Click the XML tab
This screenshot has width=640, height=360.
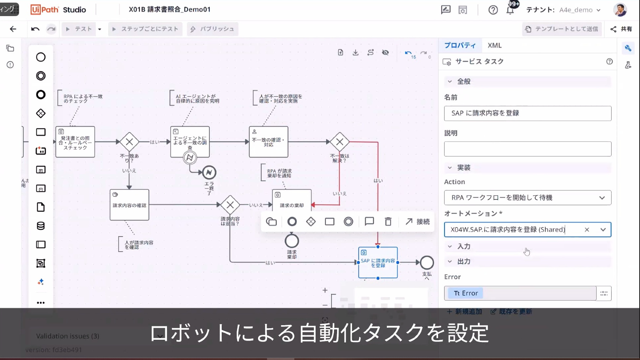click(494, 45)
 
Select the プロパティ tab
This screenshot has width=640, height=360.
click(460, 45)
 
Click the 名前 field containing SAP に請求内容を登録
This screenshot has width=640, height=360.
click(527, 113)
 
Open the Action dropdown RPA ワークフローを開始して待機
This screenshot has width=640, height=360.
click(527, 198)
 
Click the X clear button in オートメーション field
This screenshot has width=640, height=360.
click(587, 230)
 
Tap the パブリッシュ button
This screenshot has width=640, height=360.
click(212, 29)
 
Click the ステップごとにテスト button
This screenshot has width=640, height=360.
click(145, 29)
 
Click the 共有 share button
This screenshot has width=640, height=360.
click(621, 29)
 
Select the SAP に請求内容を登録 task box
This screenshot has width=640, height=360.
click(378, 263)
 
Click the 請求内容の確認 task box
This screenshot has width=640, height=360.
click(130, 205)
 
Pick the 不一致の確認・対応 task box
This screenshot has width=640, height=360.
click(269, 142)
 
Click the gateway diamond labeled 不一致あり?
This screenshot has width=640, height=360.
click(129, 142)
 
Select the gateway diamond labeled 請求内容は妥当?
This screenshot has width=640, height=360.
click(230, 205)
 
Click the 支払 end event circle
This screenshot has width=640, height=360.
click(427, 263)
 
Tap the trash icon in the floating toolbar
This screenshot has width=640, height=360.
click(388, 222)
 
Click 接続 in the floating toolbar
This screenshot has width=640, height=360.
click(418, 222)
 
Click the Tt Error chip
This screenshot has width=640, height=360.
click(466, 293)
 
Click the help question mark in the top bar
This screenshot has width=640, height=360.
click(493, 10)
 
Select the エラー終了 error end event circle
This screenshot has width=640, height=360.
click(209, 173)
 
